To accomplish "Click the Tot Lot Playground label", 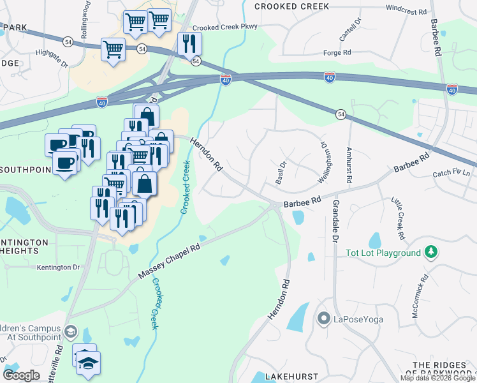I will tap(383, 253).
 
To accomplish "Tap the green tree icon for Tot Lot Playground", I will tap(432, 252).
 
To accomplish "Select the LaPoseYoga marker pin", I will tap(323, 318).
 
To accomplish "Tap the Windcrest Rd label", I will tap(406, 10).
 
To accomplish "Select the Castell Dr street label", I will tap(345, 29).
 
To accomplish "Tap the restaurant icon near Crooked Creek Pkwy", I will tap(189, 43).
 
